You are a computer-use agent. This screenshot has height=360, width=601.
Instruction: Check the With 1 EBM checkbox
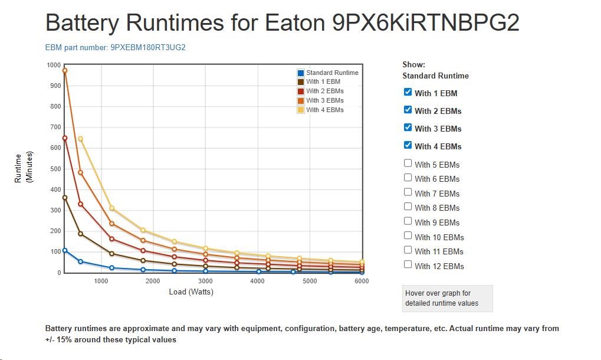pos(408,92)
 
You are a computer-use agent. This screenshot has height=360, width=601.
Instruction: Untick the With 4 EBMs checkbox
pos(408,145)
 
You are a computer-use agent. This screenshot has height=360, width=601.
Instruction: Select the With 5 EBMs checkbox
pos(408,163)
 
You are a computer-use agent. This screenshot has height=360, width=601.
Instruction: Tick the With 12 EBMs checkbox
pos(408,265)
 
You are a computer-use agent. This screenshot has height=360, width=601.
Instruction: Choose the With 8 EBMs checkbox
pos(408,207)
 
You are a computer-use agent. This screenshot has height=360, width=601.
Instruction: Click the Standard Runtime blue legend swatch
pos(301,73)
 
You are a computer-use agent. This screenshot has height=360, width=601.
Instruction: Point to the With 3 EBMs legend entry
pos(324,100)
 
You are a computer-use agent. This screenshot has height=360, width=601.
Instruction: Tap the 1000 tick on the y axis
pos(54,65)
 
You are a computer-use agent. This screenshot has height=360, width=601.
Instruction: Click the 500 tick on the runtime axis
pos(55,169)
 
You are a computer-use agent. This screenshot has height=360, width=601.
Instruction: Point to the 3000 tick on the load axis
pos(205,282)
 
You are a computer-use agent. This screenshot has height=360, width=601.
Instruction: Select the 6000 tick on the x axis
pos(361,282)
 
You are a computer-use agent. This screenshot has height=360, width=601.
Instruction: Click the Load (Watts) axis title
pos(191,292)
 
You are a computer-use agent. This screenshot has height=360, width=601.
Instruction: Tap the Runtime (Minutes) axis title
pos(23,168)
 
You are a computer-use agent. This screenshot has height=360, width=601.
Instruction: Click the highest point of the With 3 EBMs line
pos(65,71)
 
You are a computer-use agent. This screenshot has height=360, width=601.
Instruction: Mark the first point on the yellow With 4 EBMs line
pos(80,139)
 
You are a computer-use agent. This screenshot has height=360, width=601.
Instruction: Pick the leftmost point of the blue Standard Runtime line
pos(65,250)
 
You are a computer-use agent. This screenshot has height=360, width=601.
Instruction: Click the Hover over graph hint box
pos(447,298)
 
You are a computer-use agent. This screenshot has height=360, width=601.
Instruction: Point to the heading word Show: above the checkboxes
pos(413,65)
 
